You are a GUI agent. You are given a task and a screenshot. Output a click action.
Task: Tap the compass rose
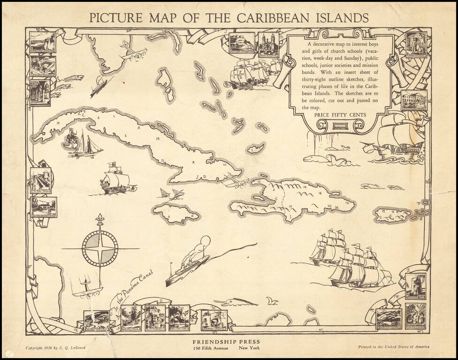point(100,248)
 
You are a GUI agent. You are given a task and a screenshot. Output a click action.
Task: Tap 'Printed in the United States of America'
point(394,347)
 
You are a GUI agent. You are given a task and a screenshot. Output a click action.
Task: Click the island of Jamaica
point(175,213)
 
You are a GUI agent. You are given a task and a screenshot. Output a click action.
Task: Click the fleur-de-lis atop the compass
point(100,219)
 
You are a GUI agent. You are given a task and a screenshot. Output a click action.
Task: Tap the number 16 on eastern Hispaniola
point(347,202)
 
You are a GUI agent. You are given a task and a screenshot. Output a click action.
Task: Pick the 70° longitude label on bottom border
point(321,330)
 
